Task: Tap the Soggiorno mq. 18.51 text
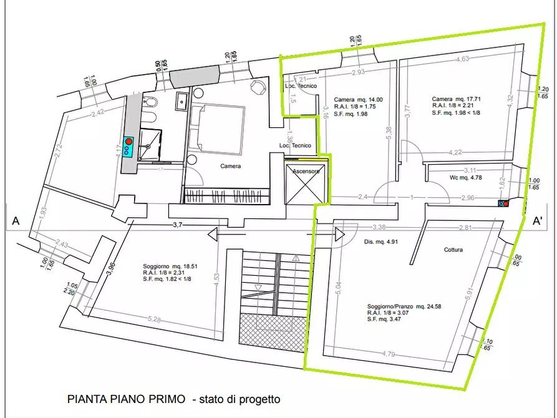(x=169, y=266)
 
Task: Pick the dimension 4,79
(x=389, y=354)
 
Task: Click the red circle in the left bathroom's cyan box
(x=129, y=142)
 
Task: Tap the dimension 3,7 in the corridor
(x=177, y=225)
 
